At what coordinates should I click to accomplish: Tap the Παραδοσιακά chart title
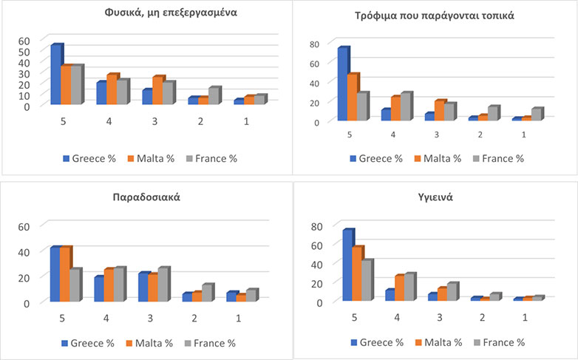tap(147, 198)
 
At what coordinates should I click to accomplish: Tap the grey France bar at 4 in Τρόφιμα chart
tap(405, 106)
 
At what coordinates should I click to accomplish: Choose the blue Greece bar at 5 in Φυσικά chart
tap(55, 75)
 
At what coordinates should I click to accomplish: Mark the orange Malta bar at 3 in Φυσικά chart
tap(157, 90)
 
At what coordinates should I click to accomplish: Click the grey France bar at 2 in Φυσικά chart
tap(213, 96)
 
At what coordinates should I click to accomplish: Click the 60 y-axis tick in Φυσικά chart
tap(24, 41)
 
